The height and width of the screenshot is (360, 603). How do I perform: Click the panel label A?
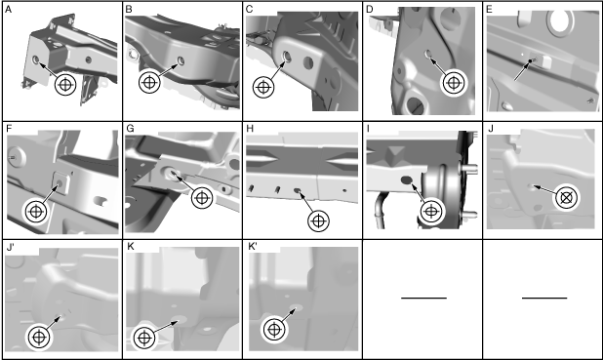8,10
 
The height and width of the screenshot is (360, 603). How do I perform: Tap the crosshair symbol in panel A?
65,85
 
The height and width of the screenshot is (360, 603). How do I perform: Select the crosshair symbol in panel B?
149,83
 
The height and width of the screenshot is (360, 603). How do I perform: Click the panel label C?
249,10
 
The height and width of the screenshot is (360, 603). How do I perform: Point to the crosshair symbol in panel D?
454,83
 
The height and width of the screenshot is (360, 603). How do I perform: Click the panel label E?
489,10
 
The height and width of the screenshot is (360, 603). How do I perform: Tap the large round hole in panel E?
563,20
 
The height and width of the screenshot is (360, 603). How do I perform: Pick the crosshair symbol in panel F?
36,211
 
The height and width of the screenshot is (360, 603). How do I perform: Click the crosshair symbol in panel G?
202,198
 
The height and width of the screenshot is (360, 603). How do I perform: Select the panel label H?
250,129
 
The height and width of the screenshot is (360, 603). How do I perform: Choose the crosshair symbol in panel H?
319,221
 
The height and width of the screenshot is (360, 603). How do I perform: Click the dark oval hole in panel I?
407,180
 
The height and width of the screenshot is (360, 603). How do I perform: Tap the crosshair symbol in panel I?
431,211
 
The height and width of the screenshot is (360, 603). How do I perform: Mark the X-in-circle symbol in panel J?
567,198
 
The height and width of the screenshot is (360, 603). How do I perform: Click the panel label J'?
11,247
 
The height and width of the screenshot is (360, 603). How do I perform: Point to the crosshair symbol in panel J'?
38,338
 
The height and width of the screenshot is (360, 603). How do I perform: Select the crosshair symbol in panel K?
144,339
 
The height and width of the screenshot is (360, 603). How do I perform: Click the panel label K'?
252,247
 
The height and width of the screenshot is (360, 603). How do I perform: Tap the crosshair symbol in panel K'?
274,330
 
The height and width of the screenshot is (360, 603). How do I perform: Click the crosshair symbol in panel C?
263,87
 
